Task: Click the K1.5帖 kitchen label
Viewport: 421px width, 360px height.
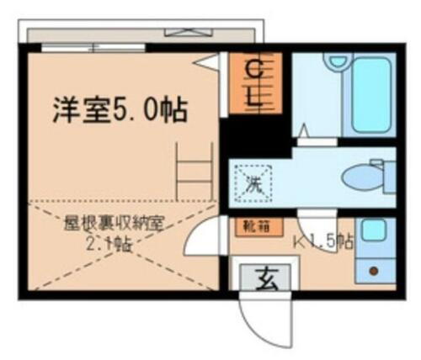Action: pyautogui.click(x=322, y=242)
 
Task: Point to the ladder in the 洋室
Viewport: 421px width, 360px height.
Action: pyautogui.click(x=195, y=168)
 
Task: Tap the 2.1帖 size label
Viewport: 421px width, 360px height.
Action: pyautogui.click(x=110, y=245)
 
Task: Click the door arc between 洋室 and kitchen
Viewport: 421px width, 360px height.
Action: pyautogui.click(x=200, y=244)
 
